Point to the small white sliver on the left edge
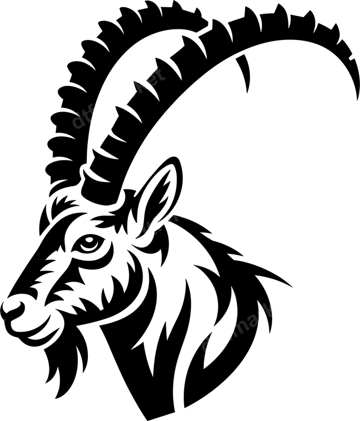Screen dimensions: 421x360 coord(1,317)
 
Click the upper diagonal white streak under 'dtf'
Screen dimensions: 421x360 coord(113,103)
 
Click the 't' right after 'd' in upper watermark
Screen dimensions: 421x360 coord(86,114)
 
